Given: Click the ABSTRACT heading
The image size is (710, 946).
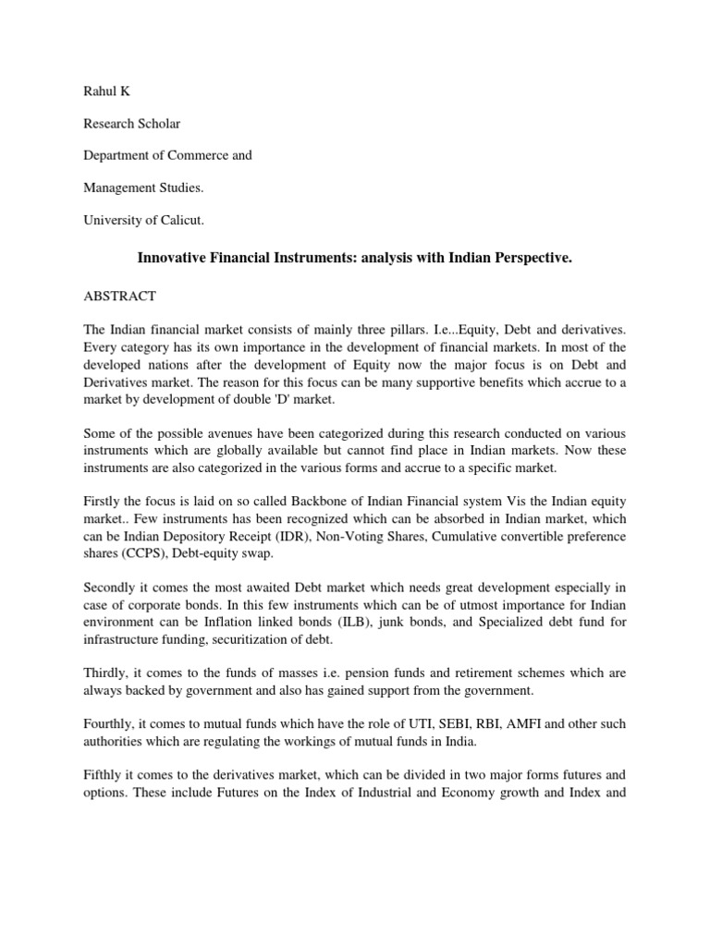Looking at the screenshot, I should [119, 297].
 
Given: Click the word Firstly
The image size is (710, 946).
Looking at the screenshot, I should [104, 501].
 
